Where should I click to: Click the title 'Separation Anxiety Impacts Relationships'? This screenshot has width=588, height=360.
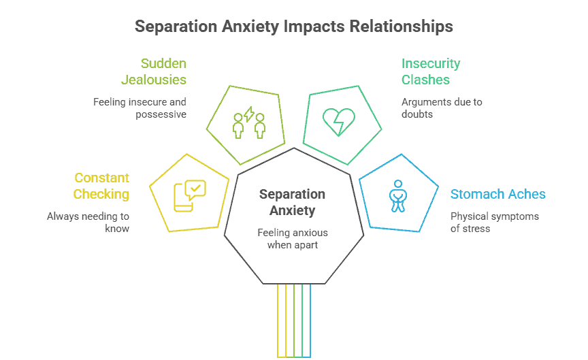293,27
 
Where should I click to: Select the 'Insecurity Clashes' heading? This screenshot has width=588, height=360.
430,71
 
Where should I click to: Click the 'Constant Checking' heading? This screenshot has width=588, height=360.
101,186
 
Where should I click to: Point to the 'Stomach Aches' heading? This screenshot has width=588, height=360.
497,194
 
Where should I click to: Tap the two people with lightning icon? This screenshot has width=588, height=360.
248,122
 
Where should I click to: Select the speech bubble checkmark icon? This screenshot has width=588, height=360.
189,195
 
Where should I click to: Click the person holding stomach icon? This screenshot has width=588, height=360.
397,195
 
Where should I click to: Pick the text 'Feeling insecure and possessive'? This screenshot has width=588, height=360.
140,108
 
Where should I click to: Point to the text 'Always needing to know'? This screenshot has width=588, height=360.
88,223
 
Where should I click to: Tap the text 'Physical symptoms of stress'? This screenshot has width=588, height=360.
495,223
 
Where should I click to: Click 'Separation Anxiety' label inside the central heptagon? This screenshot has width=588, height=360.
293,202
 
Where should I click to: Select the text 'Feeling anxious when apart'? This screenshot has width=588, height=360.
293,239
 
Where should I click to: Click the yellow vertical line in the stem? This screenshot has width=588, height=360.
278,320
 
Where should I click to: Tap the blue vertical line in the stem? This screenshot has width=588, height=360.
310,320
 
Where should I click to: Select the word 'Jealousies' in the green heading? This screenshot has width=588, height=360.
154,80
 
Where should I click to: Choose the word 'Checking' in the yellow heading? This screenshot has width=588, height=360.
101,194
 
